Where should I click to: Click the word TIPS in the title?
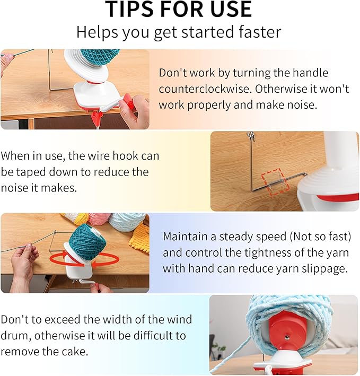pyautogui.click(x=130, y=9)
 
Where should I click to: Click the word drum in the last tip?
pyautogui.click(x=15, y=336)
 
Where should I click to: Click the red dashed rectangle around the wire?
pyautogui.click(x=273, y=181)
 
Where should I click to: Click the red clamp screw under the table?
pyautogui.click(x=98, y=118)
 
